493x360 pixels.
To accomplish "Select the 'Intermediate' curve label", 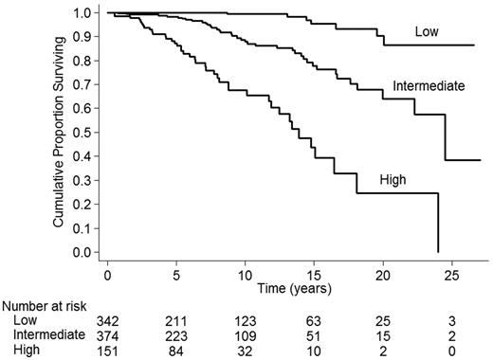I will [x=429, y=86].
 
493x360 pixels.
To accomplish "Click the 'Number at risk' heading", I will [x=45, y=306].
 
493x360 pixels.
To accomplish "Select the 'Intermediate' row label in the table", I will [x=47, y=335].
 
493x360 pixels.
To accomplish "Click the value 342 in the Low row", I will [x=108, y=321].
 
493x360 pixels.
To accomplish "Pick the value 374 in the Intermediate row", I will [x=108, y=335].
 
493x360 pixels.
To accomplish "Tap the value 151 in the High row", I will [x=108, y=350].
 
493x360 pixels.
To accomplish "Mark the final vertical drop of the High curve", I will [x=437, y=223].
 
